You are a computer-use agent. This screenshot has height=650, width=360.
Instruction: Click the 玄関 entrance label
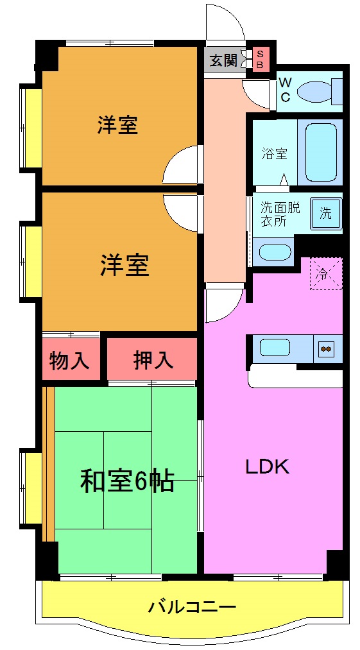[223, 61]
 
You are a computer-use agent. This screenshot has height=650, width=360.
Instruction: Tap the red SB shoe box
[260, 60]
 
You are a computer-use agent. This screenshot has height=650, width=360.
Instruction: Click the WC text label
[286, 90]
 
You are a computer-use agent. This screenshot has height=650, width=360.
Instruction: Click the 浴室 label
[274, 154]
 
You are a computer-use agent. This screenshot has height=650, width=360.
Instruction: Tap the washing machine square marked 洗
[326, 212]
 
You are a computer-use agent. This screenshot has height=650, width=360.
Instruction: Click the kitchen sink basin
[278, 348]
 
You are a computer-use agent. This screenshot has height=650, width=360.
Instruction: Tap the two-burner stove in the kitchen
[326, 349]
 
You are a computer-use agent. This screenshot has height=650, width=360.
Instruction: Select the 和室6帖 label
[126, 481]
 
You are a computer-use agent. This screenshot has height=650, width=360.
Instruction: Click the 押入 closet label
[153, 360]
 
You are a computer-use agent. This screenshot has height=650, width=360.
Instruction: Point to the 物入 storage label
[70, 360]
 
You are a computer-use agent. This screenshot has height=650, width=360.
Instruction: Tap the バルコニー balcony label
[192, 606]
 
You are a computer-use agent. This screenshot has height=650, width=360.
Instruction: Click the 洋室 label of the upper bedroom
[117, 125]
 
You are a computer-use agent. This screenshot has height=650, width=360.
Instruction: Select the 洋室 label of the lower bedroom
[124, 265]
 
